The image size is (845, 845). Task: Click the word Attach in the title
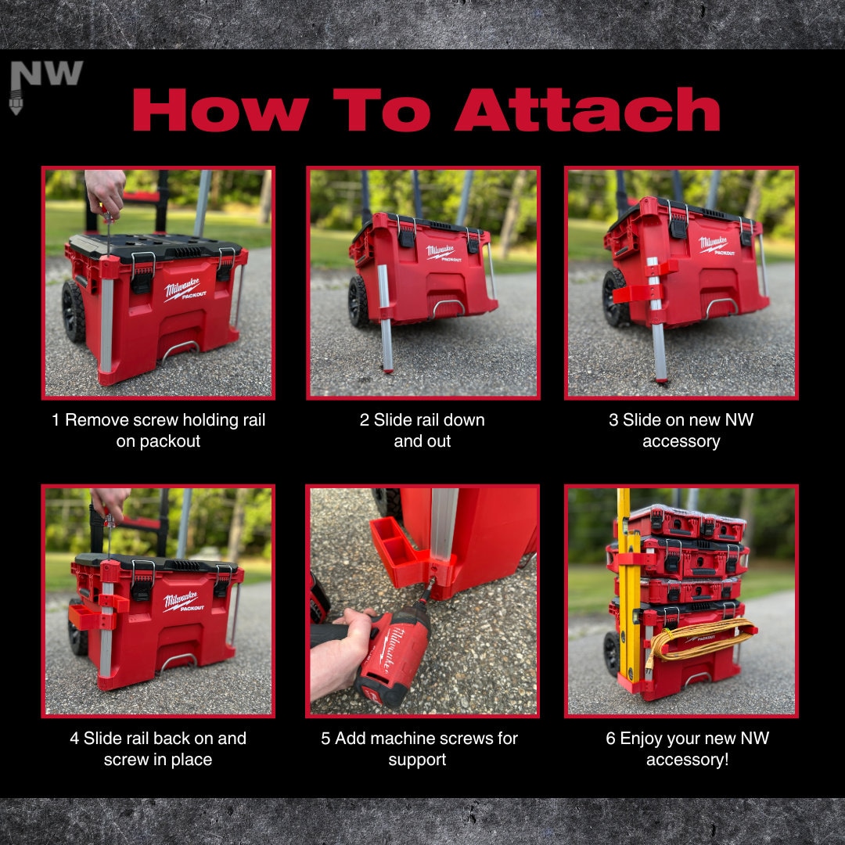[588, 110]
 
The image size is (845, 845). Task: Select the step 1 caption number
[56, 420]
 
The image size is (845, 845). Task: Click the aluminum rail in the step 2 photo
[385, 318]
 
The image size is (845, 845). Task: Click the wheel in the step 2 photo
[358, 302]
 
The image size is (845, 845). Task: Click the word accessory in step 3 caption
[681, 441]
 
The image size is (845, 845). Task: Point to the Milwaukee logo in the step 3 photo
[716, 245]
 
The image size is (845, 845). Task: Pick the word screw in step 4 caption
[124, 760]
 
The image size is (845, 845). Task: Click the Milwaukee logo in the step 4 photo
[183, 601]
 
